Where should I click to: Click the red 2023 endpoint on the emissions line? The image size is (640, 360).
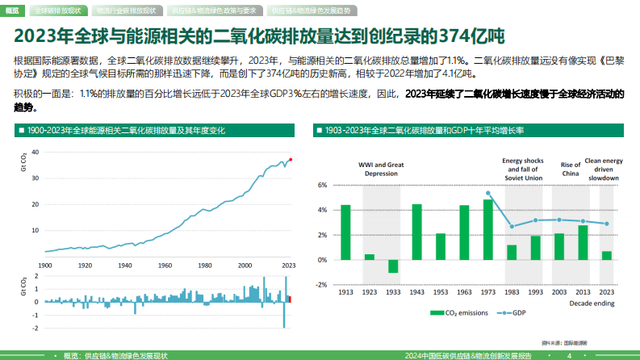tap(291, 160)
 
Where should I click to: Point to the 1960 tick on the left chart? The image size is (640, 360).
tap(165, 265)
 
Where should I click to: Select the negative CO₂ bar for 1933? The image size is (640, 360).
tap(393, 266)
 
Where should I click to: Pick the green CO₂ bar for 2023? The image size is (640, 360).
tap(606, 255)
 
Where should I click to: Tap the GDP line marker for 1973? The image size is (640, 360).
tap(487, 194)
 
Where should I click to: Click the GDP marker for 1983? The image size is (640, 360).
tap(512, 227)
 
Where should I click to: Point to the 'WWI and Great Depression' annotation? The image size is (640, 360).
tap(382, 168)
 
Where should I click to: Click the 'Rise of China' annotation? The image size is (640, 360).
tap(571, 168)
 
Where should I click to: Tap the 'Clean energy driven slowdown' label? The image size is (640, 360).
tap(603, 168)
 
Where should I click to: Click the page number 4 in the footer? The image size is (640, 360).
tap(569, 355)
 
